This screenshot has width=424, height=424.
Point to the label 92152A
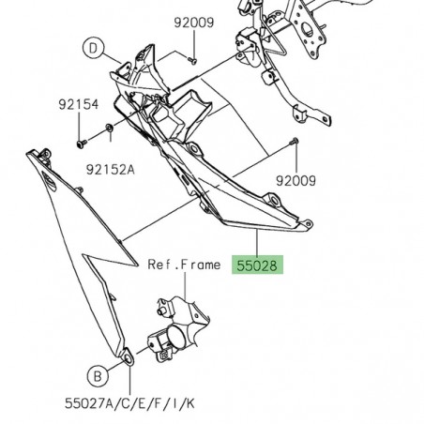(111, 171)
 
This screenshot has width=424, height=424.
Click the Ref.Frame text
(184, 265)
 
